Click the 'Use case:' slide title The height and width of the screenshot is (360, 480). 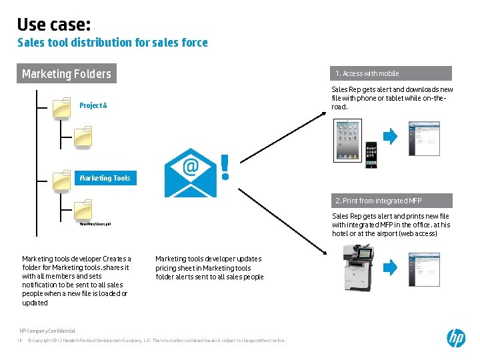point(53,25)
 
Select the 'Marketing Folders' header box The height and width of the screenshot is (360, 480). point(66,73)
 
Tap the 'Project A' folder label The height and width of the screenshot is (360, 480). point(93,105)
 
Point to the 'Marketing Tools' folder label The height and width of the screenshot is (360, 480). point(105,178)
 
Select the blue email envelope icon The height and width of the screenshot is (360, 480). point(190,173)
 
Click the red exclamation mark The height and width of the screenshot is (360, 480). point(225,167)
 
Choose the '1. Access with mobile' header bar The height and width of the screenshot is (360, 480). point(391,73)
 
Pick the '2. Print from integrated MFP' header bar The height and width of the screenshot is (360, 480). point(391,201)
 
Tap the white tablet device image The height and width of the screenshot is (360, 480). point(346,141)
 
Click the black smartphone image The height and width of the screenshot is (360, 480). point(371,155)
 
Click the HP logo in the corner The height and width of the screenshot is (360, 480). point(456,338)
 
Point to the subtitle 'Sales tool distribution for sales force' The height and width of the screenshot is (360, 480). point(112,43)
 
